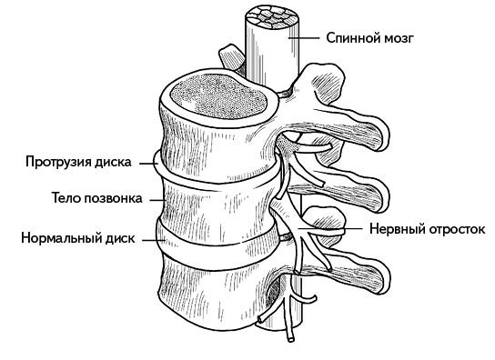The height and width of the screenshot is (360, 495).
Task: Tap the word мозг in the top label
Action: pyautogui.click(x=399, y=39)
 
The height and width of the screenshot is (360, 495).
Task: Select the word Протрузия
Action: pyautogui.click(x=58, y=163)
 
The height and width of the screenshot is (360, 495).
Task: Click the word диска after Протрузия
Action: pyautogui.click(x=113, y=163)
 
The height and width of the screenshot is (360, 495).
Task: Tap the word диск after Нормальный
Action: pyautogui.click(x=116, y=239)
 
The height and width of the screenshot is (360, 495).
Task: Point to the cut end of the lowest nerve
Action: pyautogui.click(x=288, y=340)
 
